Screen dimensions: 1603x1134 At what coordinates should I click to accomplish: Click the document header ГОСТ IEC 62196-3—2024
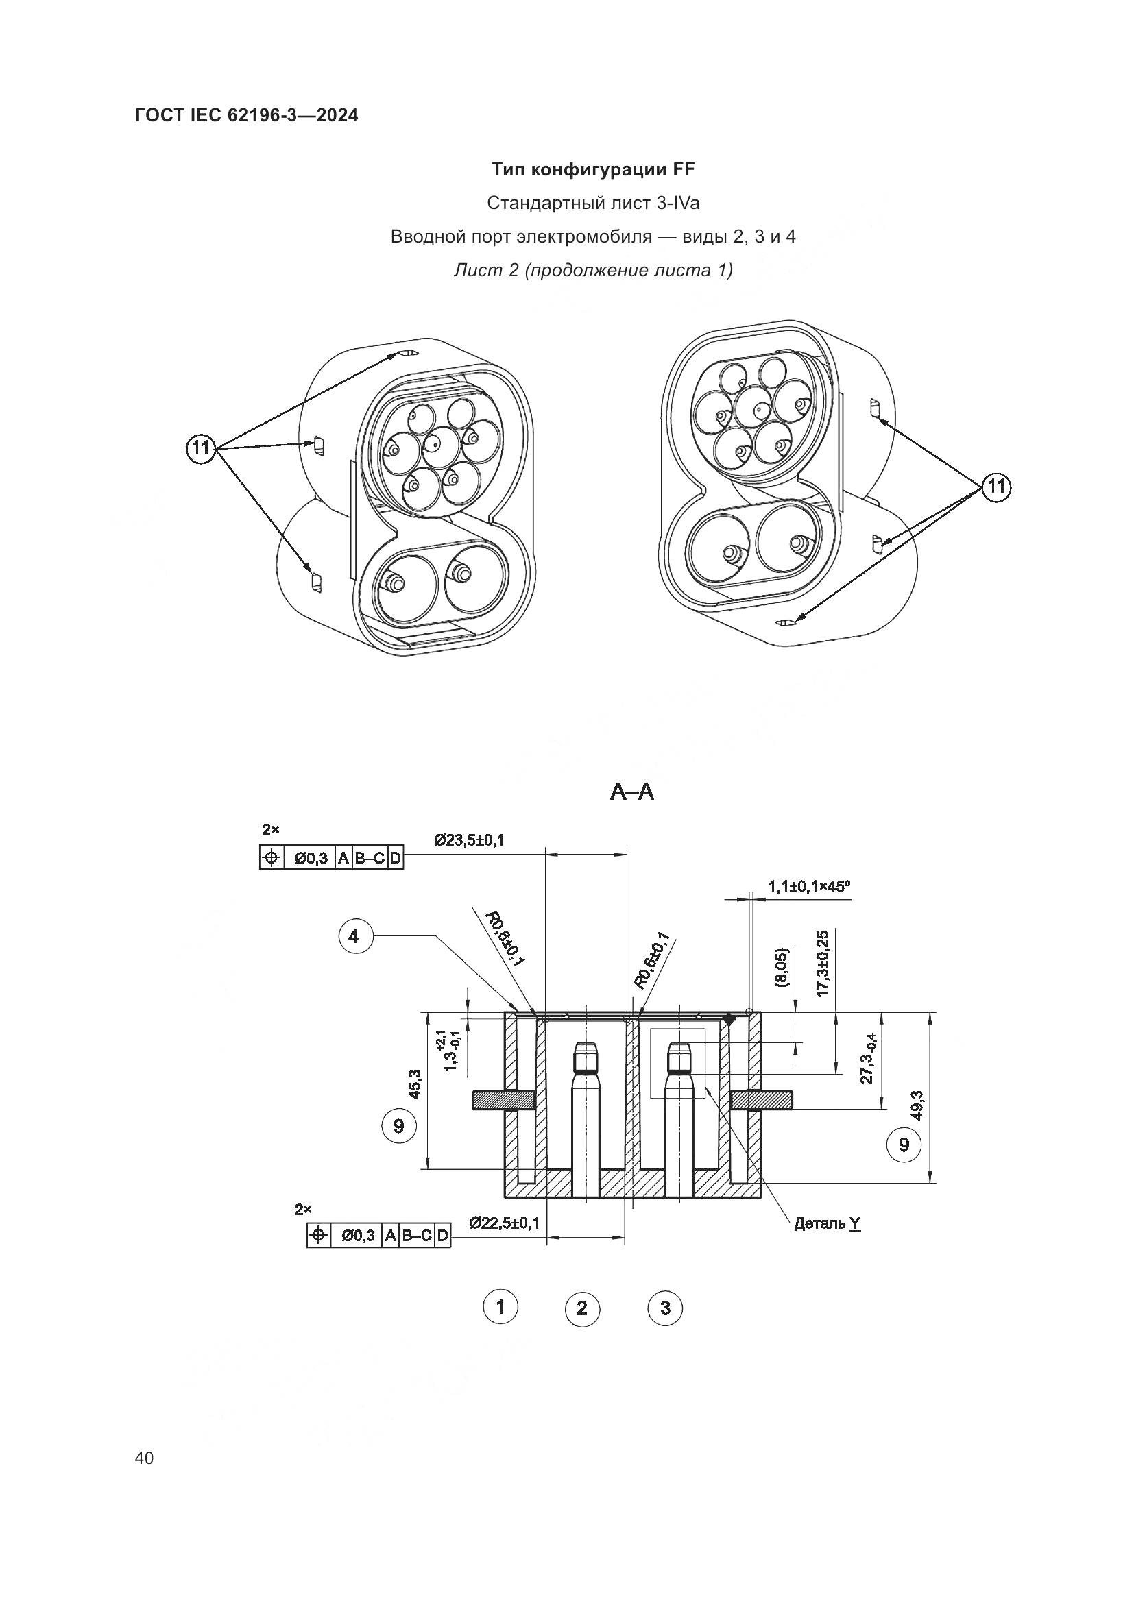[247, 116]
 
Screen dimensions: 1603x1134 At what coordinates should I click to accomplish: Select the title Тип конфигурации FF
[593, 170]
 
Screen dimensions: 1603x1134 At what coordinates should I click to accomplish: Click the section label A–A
[632, 792]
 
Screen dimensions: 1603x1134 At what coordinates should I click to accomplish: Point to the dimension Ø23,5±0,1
[468, 840]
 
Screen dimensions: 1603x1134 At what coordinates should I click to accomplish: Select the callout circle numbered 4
[354, 935]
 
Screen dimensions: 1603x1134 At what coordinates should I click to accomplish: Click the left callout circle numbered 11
[201, 448]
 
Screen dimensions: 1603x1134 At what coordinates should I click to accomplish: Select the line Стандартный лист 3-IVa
[593, 203]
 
